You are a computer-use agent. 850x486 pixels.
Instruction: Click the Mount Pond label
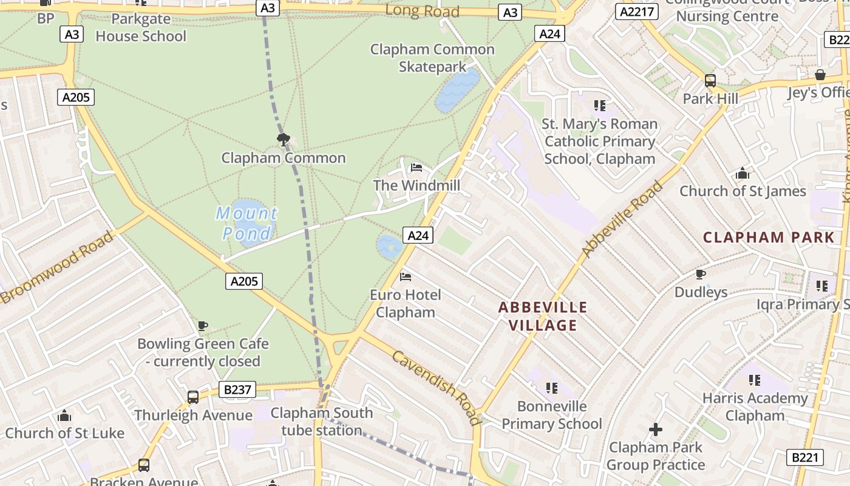(x=247, y=223)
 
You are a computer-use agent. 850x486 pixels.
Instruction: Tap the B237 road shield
(x=237, y=389)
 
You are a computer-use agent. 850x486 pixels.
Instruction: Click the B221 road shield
(x=806, y=457)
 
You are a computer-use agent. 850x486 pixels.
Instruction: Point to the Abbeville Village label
(x=543, y=316)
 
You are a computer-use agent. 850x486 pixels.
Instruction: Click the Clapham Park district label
(x=769, y=237)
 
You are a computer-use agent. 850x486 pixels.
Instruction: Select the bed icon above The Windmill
(x=416, y=167)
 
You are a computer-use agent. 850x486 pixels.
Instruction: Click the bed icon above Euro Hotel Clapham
(x=406, y=277)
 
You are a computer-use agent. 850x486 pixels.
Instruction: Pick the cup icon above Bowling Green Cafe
(x=203, y=326)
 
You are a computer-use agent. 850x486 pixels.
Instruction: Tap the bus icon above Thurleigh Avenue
(x=193, y=397)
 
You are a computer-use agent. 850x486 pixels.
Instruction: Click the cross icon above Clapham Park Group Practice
(x=656, y=430)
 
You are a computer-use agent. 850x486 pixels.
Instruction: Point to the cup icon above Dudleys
(x=701, y=274)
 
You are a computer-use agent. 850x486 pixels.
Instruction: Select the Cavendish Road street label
(x=436, y=387)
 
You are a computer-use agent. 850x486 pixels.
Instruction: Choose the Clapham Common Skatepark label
(x=432, y=58)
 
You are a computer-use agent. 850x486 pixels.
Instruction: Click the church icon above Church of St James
(x=743, y=174)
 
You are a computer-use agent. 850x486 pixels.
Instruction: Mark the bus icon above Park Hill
(x=710, y=81)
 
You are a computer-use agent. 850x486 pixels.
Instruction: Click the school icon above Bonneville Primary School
(x=551, y=388)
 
